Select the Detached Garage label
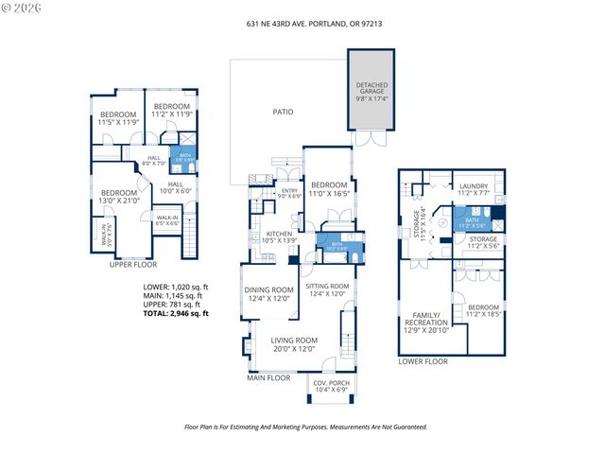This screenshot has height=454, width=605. [372, 90]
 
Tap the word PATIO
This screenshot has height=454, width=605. [283, 113]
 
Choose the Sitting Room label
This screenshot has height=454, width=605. [328, 289]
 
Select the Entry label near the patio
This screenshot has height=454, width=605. [289, 194]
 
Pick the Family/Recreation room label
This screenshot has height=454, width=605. [425, 323]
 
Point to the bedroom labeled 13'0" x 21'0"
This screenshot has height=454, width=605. [119, 196]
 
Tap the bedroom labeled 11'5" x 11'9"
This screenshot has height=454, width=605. [118, 118]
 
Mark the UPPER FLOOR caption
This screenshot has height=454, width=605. [132, 266]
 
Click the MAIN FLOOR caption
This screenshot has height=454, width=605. [268, 378]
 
